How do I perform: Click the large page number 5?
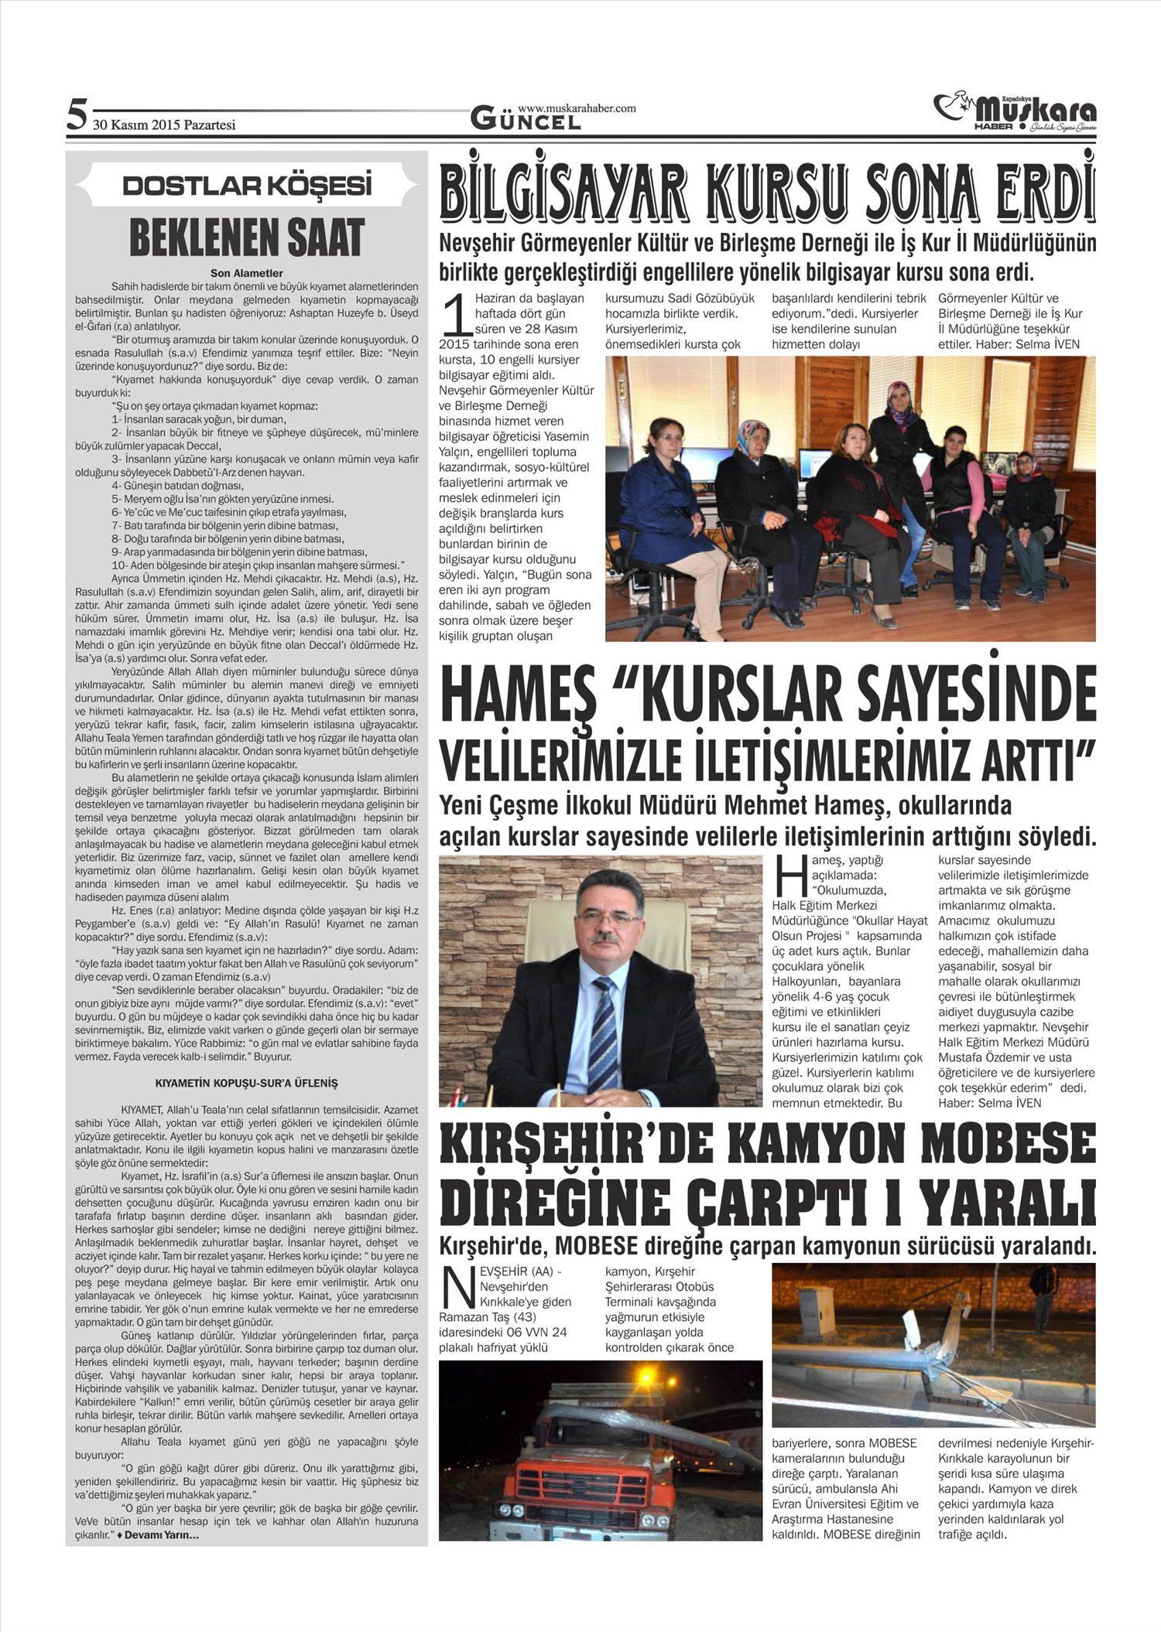pyautogui.click(x=76, y=114)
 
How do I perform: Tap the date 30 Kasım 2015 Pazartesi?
pyautogui.click(x=164, y=125)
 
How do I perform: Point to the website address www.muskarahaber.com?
pyautogui.click(x=577, y=108)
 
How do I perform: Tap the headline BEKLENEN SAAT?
pyautogui.click(x=246, y=237)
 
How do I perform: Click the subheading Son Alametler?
pyautogui.click(x=246, y=273)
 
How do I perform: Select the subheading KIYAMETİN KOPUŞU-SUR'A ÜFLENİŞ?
pyautogui.click(x=246, y=1084)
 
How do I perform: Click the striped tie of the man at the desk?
pyautogui.click(x=603, y=1021)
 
